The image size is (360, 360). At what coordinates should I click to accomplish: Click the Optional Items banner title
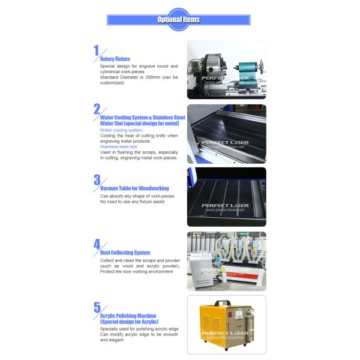click(x=178, y=20)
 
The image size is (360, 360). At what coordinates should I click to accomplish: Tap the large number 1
click(x=96, y=50)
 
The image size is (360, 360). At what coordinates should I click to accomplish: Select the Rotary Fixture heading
click(x=115, y=59)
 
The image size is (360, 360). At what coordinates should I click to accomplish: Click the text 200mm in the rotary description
click(x=152, y=77)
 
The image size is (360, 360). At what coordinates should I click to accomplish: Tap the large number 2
click(x=97, y=109)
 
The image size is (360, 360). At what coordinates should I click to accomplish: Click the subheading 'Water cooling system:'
click(x=122, y=130)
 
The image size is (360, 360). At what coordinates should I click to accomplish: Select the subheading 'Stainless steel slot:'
click(x=119, y=147)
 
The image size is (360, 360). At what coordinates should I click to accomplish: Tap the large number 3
click(x=97, y=180)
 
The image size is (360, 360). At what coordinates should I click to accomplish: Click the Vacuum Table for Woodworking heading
click(x=134, y=188)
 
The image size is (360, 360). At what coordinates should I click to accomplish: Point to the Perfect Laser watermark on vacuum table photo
click(x=225, y=208)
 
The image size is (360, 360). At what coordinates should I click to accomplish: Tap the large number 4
click(x=97, y=244)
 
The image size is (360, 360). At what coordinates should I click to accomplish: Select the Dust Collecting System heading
click(x=125, y=253)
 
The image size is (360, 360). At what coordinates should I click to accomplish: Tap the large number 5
click(x=97, y=307)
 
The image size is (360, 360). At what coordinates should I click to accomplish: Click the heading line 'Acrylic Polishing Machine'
click(x=128, y=316)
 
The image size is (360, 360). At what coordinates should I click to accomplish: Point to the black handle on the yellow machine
click(x=223, y=303)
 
